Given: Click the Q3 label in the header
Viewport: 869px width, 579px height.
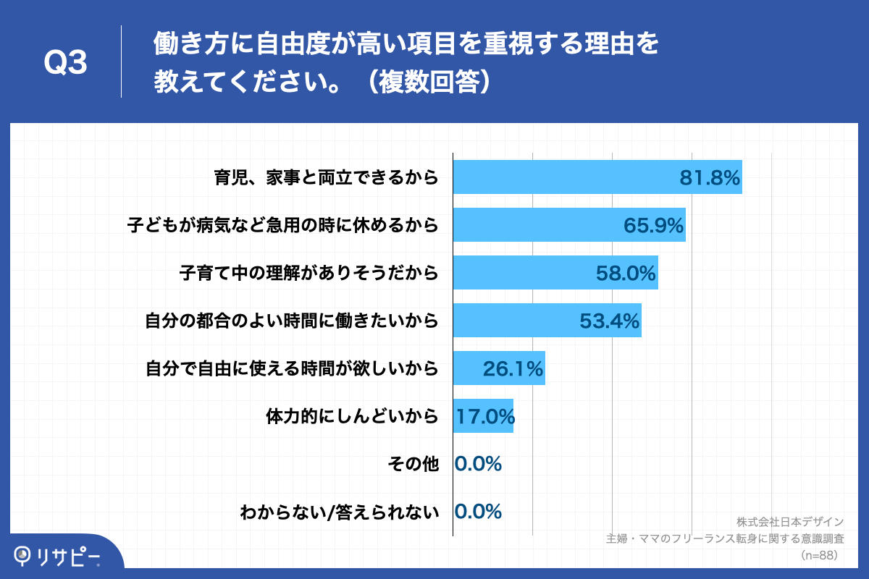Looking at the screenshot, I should (x=66, y=64).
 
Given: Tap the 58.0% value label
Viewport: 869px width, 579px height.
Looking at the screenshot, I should (x=626, y=274).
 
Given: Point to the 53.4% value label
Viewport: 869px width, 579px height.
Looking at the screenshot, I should (x=610, y=321).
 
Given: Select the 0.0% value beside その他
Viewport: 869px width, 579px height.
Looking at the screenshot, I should (x=479, y=464).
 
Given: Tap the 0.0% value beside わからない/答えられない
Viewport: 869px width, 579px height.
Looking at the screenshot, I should (x=479, y=512).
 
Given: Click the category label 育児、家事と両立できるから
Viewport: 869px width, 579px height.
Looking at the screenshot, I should (x=327, y=177).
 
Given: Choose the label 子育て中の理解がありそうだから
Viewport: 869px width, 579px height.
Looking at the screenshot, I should (x=309, y=274).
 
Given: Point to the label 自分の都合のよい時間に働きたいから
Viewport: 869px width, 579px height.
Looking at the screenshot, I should (x=292, y=321).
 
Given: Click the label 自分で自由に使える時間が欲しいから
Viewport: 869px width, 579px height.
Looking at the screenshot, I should (x=292, y=369).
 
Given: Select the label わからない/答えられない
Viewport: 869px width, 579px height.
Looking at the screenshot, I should (x=340, y=512).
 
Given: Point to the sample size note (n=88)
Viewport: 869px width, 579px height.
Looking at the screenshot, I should (x=819, y=555).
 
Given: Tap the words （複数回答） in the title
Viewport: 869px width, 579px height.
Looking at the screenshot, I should (x=429, y=81).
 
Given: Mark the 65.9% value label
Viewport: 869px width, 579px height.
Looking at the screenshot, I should (x=654, y=226).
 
